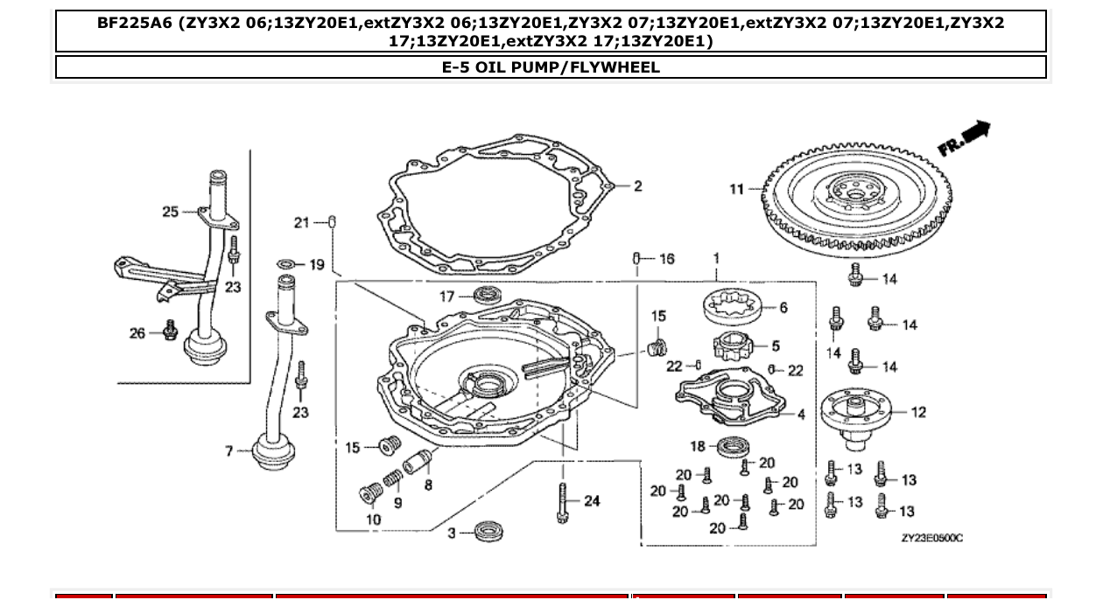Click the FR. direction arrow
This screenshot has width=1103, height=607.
(965, 138)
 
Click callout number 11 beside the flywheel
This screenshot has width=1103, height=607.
(736, 188)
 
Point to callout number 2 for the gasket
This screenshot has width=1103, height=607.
(638, 186)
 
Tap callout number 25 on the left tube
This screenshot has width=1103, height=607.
(170, 211)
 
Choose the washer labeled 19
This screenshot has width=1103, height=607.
(285, 264)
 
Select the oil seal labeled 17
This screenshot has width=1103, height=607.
(487, 296)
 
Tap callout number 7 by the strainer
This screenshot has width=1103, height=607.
(229, 451)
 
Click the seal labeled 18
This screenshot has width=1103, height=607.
(728, 448)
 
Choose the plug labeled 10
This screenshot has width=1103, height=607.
(368, 495)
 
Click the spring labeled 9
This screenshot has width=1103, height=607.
(393, 478)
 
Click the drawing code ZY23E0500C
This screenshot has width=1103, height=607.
(931, 538)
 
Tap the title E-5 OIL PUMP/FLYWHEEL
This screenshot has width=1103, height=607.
(551, 67)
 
